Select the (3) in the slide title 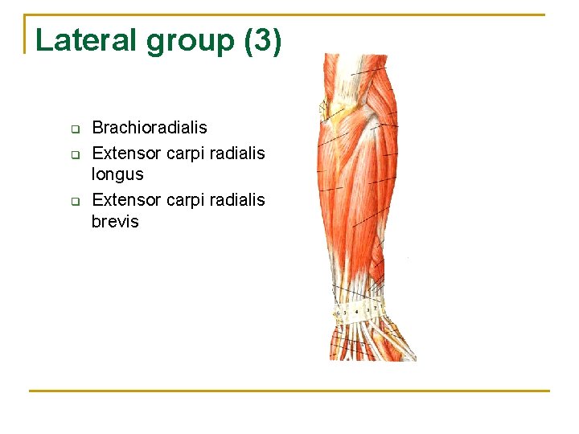click(263, 41)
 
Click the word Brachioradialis click(150, 127)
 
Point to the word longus click(117, 174)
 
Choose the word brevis click(115, 222)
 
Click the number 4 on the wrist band click(356, 311)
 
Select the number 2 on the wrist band click(374, 308)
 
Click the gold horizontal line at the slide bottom click(289, 391)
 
